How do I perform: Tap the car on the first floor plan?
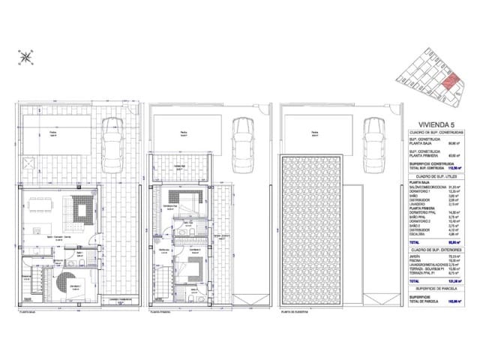tap(243, 138)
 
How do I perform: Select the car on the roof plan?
tap(373, 138)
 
